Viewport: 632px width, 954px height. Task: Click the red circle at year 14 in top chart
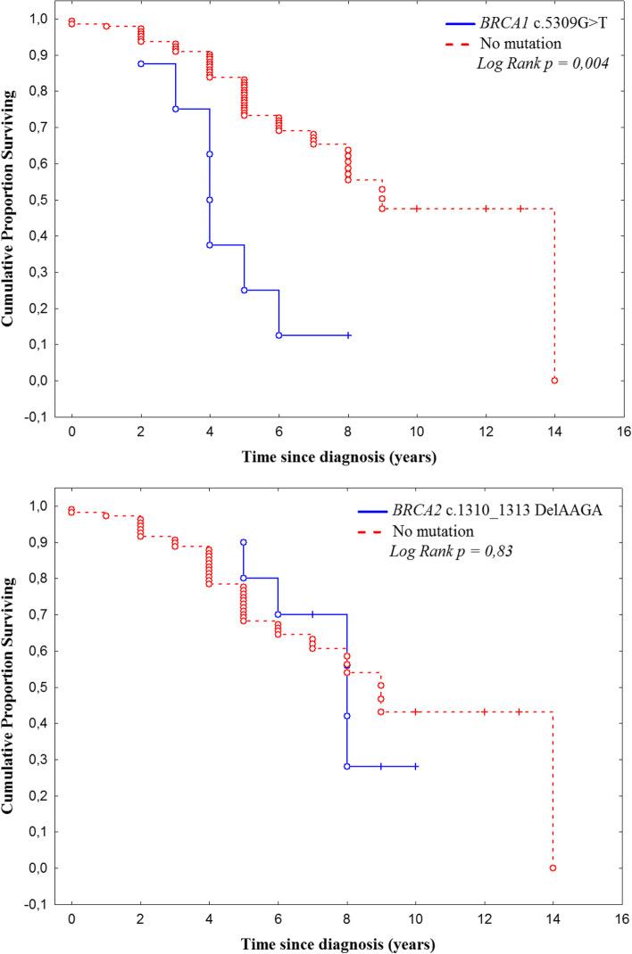point(554,380)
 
